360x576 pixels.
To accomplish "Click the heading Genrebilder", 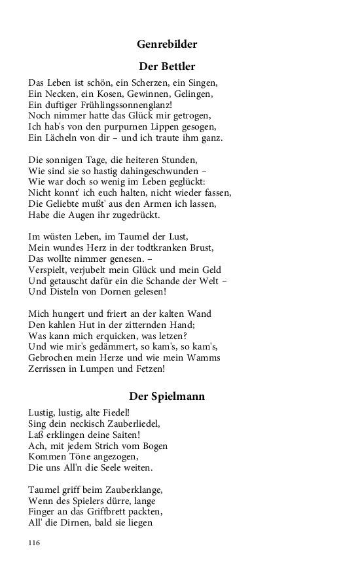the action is pos(167,45).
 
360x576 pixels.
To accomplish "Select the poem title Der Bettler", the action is pos(167,66).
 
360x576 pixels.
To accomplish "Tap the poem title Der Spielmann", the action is pos(167,397).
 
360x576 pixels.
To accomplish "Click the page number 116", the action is pos(35,543).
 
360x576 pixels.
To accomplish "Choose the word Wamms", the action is pos(203,357).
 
